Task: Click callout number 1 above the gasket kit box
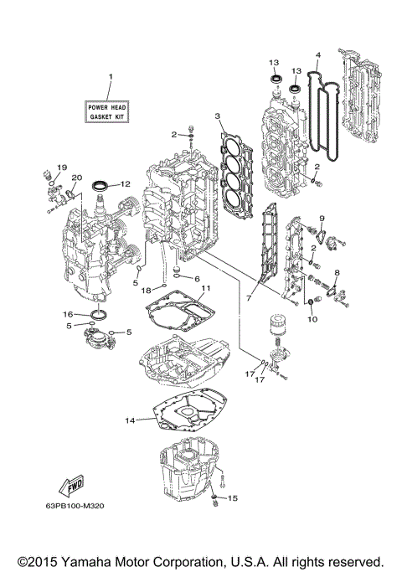109,78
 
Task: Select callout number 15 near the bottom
233,497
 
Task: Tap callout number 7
250,297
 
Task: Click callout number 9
320,219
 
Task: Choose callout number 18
146,290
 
